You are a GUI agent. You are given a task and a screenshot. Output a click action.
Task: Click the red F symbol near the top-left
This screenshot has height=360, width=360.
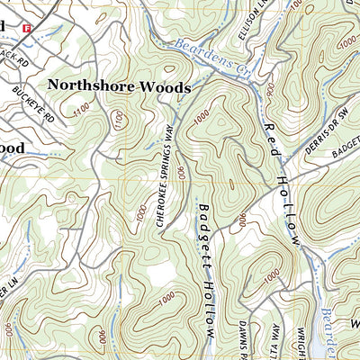click(27, 29)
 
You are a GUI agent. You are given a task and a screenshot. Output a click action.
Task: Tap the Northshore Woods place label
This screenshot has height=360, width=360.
click(119, 87)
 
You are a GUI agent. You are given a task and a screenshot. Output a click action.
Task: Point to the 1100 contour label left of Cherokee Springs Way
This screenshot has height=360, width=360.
click(84, 109)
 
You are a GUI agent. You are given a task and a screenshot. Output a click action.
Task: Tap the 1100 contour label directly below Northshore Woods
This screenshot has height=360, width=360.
click(116, 117)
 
